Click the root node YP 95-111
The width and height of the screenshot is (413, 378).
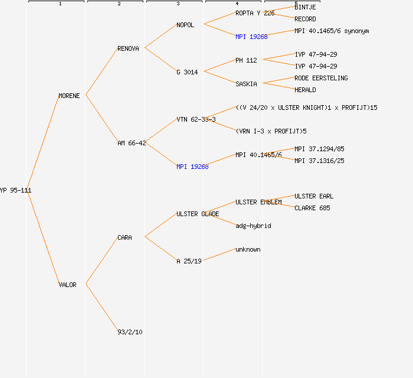tap(15, 190)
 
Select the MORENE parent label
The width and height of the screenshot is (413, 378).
tap(69, 96)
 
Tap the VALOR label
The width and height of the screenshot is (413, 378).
tap(67, 285)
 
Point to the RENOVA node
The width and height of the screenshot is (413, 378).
tap(128, 48)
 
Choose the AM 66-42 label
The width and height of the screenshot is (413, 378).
tap(132, 143)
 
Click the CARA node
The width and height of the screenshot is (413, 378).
tap(124, 237)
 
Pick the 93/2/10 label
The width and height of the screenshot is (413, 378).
tap(130, 332)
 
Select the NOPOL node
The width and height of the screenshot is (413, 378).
tap(185, 25)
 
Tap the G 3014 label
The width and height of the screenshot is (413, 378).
tap(187, 72)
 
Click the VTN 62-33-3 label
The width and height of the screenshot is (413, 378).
tap(196, 119)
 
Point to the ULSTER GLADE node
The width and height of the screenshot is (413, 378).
tap(198, 214)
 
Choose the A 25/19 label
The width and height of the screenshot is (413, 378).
tap(189, 261)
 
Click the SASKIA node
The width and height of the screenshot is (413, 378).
tap(246, 84)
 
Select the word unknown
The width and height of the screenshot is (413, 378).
tap(248, 249)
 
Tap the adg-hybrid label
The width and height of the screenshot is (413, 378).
tap(253, 226)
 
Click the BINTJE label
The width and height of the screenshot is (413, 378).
tap(305, 7)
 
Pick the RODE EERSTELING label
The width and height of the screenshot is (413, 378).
tap(321, 78)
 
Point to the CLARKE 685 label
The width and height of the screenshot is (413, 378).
tap(312, 208)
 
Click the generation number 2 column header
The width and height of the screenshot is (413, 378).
tap(119, 4)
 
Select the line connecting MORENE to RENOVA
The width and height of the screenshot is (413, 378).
tap(101, 72)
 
